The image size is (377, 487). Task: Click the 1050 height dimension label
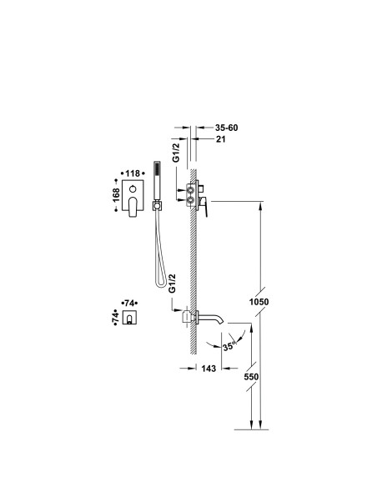pos(259,302)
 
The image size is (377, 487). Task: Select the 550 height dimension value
pos(251,376)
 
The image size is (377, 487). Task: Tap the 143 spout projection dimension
pos(209,369)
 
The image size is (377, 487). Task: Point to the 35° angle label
pos(229,346)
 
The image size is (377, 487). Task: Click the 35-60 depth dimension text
pos(226,128)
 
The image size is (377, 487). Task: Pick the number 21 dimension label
pos(220,139)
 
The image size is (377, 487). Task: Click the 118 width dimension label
pos(133,173)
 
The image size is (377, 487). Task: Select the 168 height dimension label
pos(116,195)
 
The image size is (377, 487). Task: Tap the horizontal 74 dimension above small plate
pos(129,303)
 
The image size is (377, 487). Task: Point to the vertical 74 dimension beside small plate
pos(115,317)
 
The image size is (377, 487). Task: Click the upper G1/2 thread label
pos(176,152)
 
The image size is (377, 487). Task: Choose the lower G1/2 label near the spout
pos(172,284)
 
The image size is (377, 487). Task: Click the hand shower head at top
pos(158,180)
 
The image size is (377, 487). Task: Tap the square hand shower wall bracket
pos(157,206)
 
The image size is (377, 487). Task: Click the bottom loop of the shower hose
pos(161,284)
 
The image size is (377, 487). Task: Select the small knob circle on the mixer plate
pos(133,188)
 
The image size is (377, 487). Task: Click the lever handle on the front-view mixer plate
pos(133,207)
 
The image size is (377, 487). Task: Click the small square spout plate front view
pos(129,317)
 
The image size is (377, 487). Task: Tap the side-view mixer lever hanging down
pos(204,207)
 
